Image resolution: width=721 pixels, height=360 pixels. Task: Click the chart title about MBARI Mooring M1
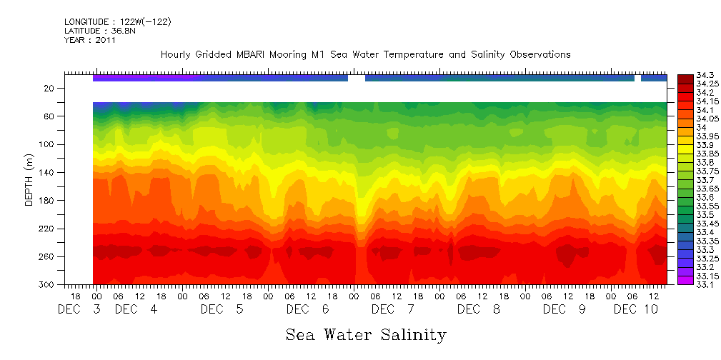[x=365, y=54]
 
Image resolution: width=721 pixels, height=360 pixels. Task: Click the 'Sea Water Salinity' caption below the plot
[x=366, y=335]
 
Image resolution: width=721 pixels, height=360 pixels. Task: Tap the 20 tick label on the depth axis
[x=50, y=88]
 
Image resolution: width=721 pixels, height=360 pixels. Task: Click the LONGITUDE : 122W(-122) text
[x=117, y=21]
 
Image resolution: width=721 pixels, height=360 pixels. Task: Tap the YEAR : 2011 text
[x=89, y=40]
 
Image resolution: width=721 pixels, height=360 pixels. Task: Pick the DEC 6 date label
[x=308, y=309]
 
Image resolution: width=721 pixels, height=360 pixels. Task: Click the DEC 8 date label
[x=479, y=309]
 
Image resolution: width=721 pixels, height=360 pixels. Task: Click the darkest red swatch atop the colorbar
[x=685, y=77]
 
